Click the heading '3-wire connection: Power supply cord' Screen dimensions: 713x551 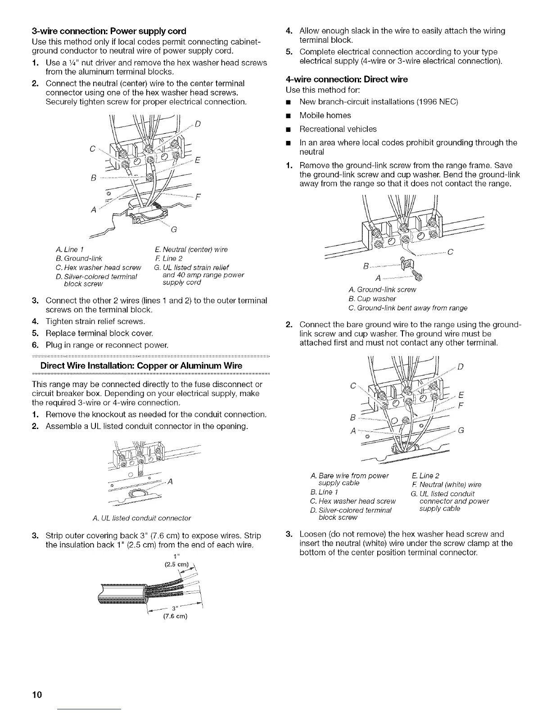point(109,31)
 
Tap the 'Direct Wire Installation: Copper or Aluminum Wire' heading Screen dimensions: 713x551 point(141,365)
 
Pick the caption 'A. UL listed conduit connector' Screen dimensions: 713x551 point(141,518)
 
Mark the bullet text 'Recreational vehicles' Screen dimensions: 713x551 point(338,129)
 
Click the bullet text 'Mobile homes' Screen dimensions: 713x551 point(325,115)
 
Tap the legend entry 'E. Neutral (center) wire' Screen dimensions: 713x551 point(189,249)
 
